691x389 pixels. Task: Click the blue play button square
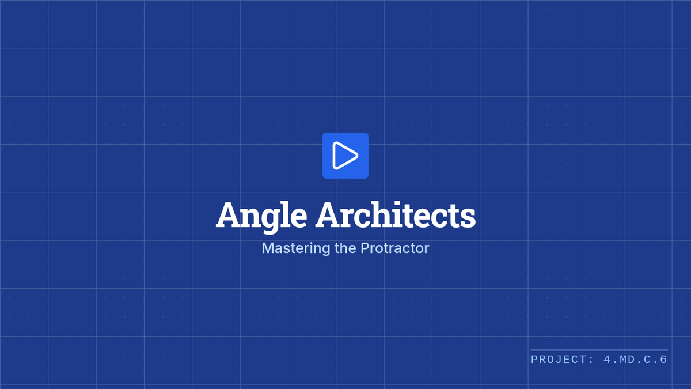point(345,156)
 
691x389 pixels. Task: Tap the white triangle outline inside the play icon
point(335,156)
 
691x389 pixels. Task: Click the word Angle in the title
point(261,215)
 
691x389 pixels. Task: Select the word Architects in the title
point(396,214)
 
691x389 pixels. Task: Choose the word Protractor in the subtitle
point(395,248)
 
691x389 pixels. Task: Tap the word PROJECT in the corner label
point(558,360)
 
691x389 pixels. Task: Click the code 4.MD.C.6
point(636,360)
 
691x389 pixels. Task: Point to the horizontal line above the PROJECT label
point(599,350)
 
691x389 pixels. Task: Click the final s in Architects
point(468,218)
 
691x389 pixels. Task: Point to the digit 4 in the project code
point(607,360)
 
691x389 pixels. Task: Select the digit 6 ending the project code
point(663,360)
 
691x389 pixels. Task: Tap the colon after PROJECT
point(591,361)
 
